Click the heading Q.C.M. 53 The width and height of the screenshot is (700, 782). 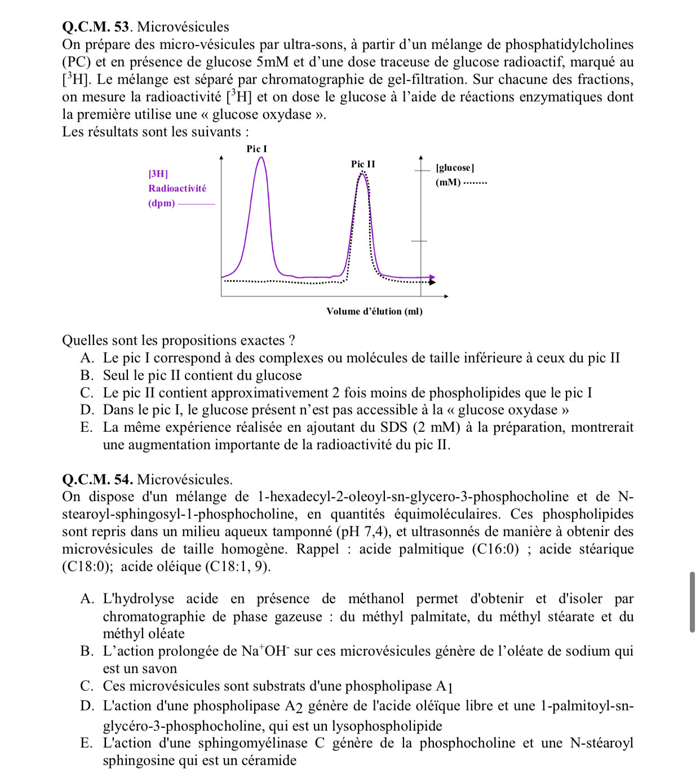pos(96,26)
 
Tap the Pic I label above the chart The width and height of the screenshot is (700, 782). pos(256,149)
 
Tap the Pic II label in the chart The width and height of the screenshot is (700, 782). pos(363,164)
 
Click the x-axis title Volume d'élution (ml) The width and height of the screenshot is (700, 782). pos(374,311)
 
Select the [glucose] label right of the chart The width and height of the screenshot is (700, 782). pos(455,167)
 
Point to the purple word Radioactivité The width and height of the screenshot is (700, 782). pos(177,188)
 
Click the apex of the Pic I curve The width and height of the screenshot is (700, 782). pos(260,157)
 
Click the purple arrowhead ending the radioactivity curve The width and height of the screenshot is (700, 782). pos(432,278)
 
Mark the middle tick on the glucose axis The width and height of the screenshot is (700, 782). pos(420,241)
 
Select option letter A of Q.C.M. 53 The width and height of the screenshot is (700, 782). pos(87,358)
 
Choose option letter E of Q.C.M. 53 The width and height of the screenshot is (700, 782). pos(86,427)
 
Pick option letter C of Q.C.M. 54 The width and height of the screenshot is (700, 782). pos(86,686)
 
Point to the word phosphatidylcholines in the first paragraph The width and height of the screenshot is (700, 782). pos(569,45)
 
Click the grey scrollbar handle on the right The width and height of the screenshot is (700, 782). pos(692,602)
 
